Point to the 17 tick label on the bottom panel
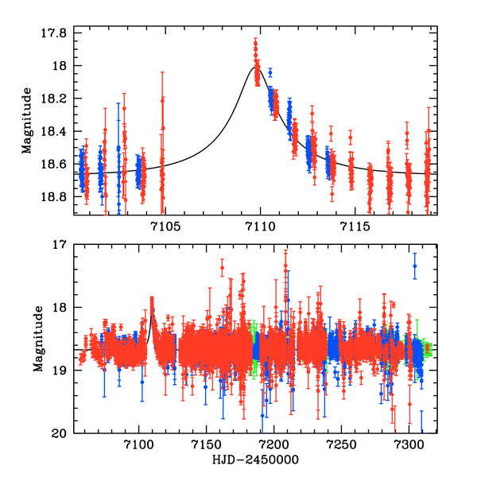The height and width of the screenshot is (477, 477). point(60,245)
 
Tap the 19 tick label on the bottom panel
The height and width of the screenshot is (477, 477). point(60,370)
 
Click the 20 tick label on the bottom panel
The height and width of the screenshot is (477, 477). point(60,433)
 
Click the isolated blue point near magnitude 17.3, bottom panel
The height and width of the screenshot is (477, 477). point(414,266)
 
